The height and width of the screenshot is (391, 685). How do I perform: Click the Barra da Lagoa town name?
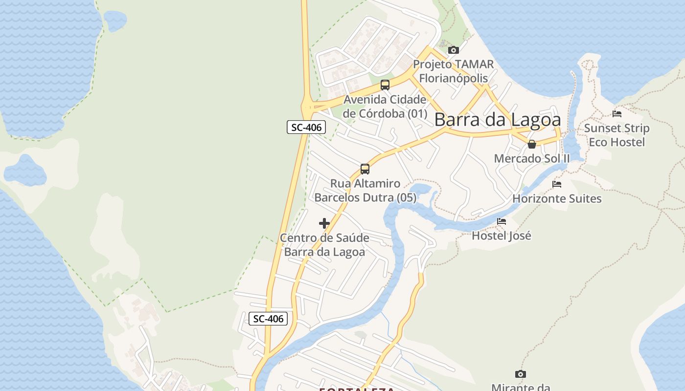point(497,120)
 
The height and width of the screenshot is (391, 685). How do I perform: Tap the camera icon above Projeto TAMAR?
point(454,50)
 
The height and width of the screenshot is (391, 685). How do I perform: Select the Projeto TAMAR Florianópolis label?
point(453,71)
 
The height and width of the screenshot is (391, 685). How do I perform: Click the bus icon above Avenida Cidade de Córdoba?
point(385,85)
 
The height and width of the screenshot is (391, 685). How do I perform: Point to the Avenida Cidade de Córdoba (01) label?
point(385,107)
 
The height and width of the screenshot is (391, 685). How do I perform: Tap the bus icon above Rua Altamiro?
point(365,169)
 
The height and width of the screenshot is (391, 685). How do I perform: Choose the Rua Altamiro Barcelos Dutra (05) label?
point(365,191)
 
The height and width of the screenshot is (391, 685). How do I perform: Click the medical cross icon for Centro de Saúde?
point(324,223)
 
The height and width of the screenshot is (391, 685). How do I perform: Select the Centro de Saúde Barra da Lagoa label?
point(324,245)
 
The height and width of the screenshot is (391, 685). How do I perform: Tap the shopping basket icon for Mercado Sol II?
point(532,144)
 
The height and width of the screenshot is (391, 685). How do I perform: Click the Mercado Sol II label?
point(532,158)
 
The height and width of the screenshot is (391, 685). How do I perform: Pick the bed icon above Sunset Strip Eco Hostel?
point(617,114)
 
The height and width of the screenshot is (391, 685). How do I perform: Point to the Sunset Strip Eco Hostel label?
point(617,135)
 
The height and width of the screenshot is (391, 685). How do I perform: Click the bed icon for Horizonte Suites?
point(557,184)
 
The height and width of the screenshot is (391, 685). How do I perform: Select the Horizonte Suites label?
point(557,198)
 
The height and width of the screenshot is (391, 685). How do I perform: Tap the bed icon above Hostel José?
point(502,221)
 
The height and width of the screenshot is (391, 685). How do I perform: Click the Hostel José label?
point(502,236)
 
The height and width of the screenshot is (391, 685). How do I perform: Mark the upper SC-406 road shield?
point(306,128)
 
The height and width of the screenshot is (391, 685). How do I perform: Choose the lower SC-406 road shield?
point(268,319)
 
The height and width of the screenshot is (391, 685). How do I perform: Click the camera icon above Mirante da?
point(521,374)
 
